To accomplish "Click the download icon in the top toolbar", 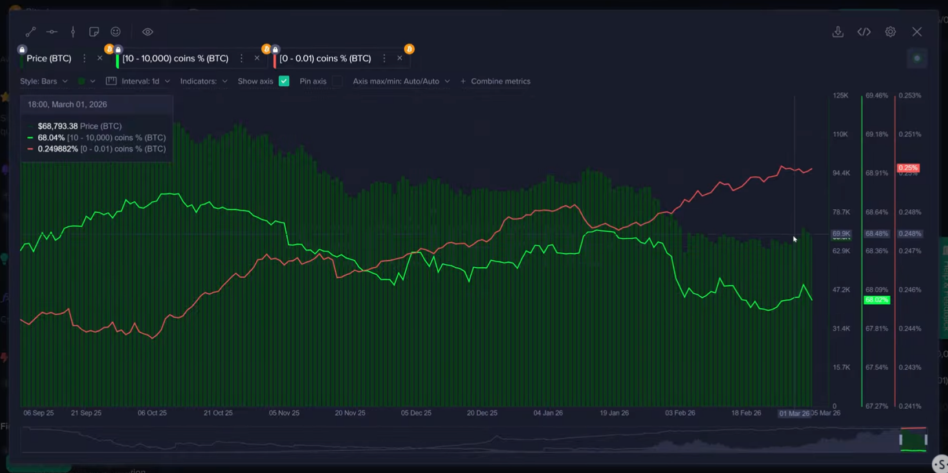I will pos(838,32).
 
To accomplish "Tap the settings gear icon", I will pos(890,32).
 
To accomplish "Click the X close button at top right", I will pos(917,32).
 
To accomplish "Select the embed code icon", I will pos(864,32).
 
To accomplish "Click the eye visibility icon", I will pos(148,32).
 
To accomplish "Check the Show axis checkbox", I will pos(284,81).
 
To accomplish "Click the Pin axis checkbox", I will pos(337,81).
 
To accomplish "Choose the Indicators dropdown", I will pos(204,81).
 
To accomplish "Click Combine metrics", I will pos(496,81).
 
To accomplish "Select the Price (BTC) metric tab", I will pos(49,59).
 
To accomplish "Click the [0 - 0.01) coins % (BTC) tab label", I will pos(325,59).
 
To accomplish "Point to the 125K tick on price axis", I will pos(840,95).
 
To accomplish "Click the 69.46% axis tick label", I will pos(876,95).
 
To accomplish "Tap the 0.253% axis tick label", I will pos(910,95).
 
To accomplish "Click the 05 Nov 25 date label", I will pos(284,413).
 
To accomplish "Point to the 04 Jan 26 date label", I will pos(548,413).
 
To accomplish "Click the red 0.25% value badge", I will pos(908,168).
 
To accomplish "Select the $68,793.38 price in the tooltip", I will pos(57,126).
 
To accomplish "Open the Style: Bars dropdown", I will pos(43,81).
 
